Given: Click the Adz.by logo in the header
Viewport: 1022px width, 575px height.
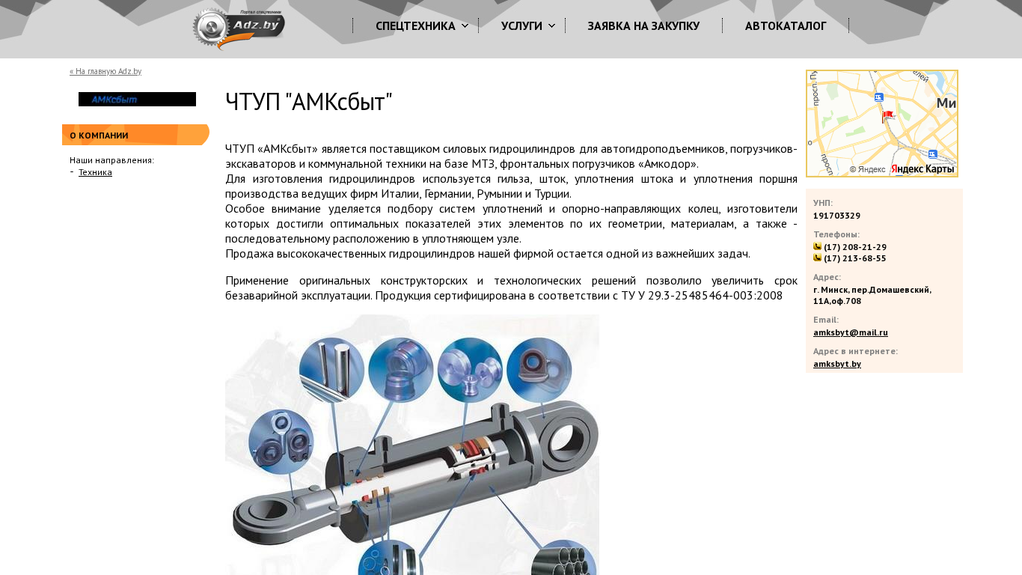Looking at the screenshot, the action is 239,28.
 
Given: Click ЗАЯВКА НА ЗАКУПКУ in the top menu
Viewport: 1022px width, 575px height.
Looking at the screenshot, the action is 643,26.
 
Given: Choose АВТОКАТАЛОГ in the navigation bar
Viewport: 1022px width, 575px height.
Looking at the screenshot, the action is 786,26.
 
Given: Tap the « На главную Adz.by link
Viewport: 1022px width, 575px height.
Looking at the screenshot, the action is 105,71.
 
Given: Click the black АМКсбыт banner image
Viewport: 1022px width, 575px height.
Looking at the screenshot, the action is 137,99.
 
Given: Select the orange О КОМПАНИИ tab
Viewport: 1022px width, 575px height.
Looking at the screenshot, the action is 135,135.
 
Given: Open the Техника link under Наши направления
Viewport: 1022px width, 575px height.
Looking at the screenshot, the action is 95,172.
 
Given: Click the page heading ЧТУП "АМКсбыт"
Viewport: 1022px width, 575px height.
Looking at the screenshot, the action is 308,101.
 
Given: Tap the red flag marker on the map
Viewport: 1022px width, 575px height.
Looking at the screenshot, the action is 887,117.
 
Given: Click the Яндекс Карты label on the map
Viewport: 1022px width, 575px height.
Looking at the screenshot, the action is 922,169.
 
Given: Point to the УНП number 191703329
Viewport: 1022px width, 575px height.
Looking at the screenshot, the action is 836,216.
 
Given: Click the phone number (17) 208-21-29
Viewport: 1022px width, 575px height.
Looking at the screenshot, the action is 855,247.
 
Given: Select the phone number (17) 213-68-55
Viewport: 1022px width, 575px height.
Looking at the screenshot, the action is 854,258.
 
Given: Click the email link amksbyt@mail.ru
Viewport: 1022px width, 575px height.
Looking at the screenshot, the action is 851,332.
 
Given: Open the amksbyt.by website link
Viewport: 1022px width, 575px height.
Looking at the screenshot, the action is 836,364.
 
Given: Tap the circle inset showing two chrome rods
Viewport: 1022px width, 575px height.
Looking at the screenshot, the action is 331,370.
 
